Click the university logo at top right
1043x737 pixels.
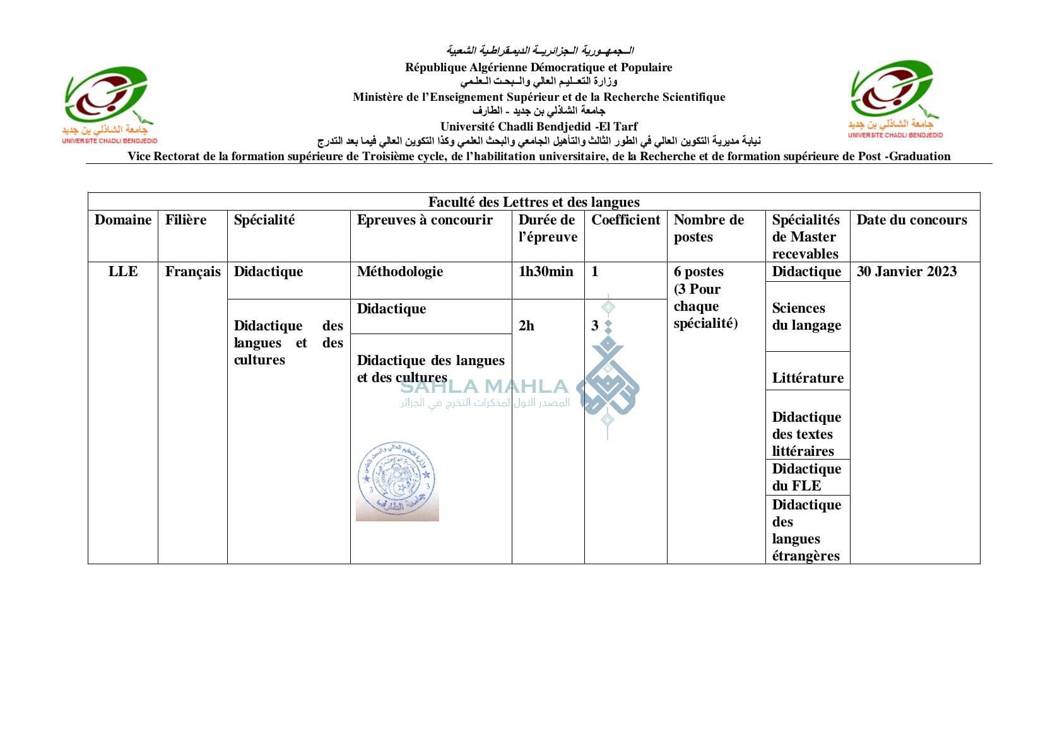894,99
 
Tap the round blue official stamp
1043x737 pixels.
397,481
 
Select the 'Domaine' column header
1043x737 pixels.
123,220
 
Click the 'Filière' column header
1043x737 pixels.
186,220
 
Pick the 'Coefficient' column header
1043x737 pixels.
625,220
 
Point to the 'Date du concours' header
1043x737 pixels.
911,220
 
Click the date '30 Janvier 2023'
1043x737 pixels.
906,272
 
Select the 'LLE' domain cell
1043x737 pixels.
123,272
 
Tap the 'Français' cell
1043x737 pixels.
192,272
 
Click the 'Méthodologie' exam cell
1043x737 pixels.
399,272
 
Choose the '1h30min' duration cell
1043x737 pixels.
546,272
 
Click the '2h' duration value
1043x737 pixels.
526,326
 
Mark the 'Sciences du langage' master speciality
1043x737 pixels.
806,316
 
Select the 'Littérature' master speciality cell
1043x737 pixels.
807,378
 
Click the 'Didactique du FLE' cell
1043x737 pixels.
806,477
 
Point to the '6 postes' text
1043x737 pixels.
698,272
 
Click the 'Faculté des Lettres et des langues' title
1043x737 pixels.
533,202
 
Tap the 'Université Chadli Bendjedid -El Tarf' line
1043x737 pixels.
539,127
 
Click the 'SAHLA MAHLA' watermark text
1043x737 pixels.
484,386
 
